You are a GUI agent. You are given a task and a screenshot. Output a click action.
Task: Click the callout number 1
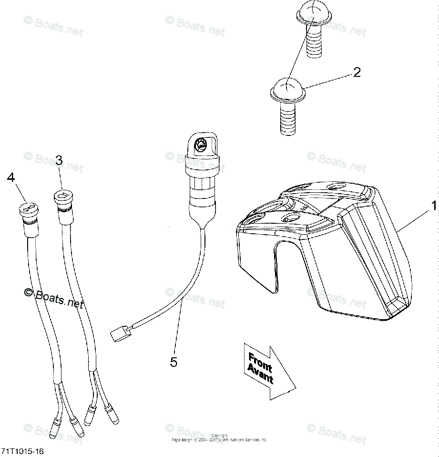[433, 206]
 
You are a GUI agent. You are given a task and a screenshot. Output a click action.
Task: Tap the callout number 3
[59, 160]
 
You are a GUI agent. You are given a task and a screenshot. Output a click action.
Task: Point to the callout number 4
[11, 177]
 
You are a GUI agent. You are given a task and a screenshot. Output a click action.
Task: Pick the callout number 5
[174, 362]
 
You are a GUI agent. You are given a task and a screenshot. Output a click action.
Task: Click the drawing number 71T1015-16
[23, 450]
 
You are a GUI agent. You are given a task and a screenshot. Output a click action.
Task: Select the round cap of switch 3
[62, 196]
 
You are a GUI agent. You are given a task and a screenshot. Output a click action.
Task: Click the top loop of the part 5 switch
[201, 143]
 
